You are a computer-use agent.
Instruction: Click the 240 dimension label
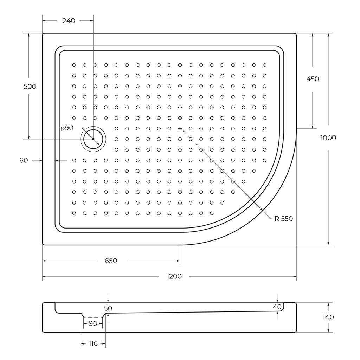click(69, 21)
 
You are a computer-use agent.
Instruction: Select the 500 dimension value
click(30, 86)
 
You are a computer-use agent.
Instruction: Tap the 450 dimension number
click(313, 79)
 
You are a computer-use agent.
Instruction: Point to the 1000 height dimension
click(328, 138)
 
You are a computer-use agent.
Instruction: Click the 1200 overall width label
click(174, 277)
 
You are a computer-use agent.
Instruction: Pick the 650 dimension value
click(111, 261)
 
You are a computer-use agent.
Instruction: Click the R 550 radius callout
click(283, 219)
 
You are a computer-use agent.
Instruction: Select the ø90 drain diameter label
click(67, 128)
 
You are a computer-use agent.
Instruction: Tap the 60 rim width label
click(24, 161)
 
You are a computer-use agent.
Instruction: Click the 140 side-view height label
click(328, 317)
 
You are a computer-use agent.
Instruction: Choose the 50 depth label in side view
click(108, 308)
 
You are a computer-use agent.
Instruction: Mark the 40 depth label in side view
click(277, 307)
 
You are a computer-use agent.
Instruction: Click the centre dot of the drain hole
click(93, 139)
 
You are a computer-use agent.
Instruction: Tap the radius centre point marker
click(180, 129)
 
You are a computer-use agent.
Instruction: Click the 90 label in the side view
click(93, 323)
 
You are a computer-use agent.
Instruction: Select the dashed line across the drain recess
click(93, 317)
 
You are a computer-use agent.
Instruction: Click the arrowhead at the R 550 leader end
click(262, 210)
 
